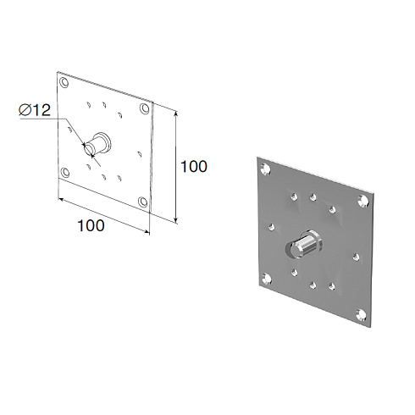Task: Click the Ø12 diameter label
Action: coord(35,110)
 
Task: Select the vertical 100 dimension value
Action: coord(194,166)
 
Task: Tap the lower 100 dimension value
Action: coord(91,225)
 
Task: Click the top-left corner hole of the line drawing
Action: coord(64,83)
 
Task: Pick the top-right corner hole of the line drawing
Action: coord(145,108)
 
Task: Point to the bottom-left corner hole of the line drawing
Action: coord(65,172)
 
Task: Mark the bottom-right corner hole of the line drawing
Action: coord(143,202)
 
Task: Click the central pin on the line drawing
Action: coord(97,144)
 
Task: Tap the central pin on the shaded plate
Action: coord(304,244)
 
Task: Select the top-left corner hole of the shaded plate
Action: coord(266,169)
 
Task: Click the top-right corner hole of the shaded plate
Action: coord(363,201)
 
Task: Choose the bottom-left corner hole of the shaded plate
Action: coord(267,279)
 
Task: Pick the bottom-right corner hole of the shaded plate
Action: coord(362,315)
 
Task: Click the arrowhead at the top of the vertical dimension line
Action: coord(176,113)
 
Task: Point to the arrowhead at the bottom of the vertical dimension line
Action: coord(176,220)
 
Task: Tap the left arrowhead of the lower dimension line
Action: coord(61,200)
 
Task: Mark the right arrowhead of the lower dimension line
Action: coord(147,232)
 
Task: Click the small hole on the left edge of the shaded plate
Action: coord(272,227)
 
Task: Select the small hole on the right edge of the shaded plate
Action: coord(356,257)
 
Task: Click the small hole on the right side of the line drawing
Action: coord(140,154)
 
